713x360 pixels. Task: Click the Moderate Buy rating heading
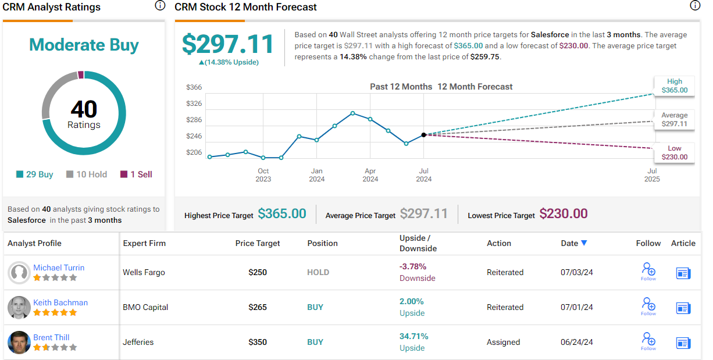pyautogui.click(x=84, y=45)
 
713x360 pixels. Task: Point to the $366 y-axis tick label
pyautogui.click(x=194, y=87)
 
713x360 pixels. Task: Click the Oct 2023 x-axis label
pyautogui.click(x=263, y=175)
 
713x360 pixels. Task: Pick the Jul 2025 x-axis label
pyautogui.click(x=652, y=175)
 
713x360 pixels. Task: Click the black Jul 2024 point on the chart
pyautogui.click(x=424, y=134)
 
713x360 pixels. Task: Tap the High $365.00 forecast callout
pyautogui.click(x=675, y=86)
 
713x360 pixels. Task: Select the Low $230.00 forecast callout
pyautogui.click(x=675, y=153)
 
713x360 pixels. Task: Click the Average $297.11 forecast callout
pyautogui.click(x=675, y=120)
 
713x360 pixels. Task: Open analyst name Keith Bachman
pyautogui.click(x=60, y=302)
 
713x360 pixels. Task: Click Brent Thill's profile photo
pyautogui.click(x=19, y=342)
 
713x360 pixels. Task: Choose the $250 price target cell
pyautogui.click(x=258, y=272)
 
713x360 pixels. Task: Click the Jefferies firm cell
pyautogui.click(x=138, y=342)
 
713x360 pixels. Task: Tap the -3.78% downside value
pyautogui.click(x=413, y=266)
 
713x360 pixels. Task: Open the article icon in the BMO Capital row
pyautogui.click(x=683, y=308)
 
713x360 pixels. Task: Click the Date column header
pyautogui.click(x=574, y=243)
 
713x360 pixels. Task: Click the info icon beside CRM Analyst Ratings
pyautogui.click(x=160, y=6)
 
